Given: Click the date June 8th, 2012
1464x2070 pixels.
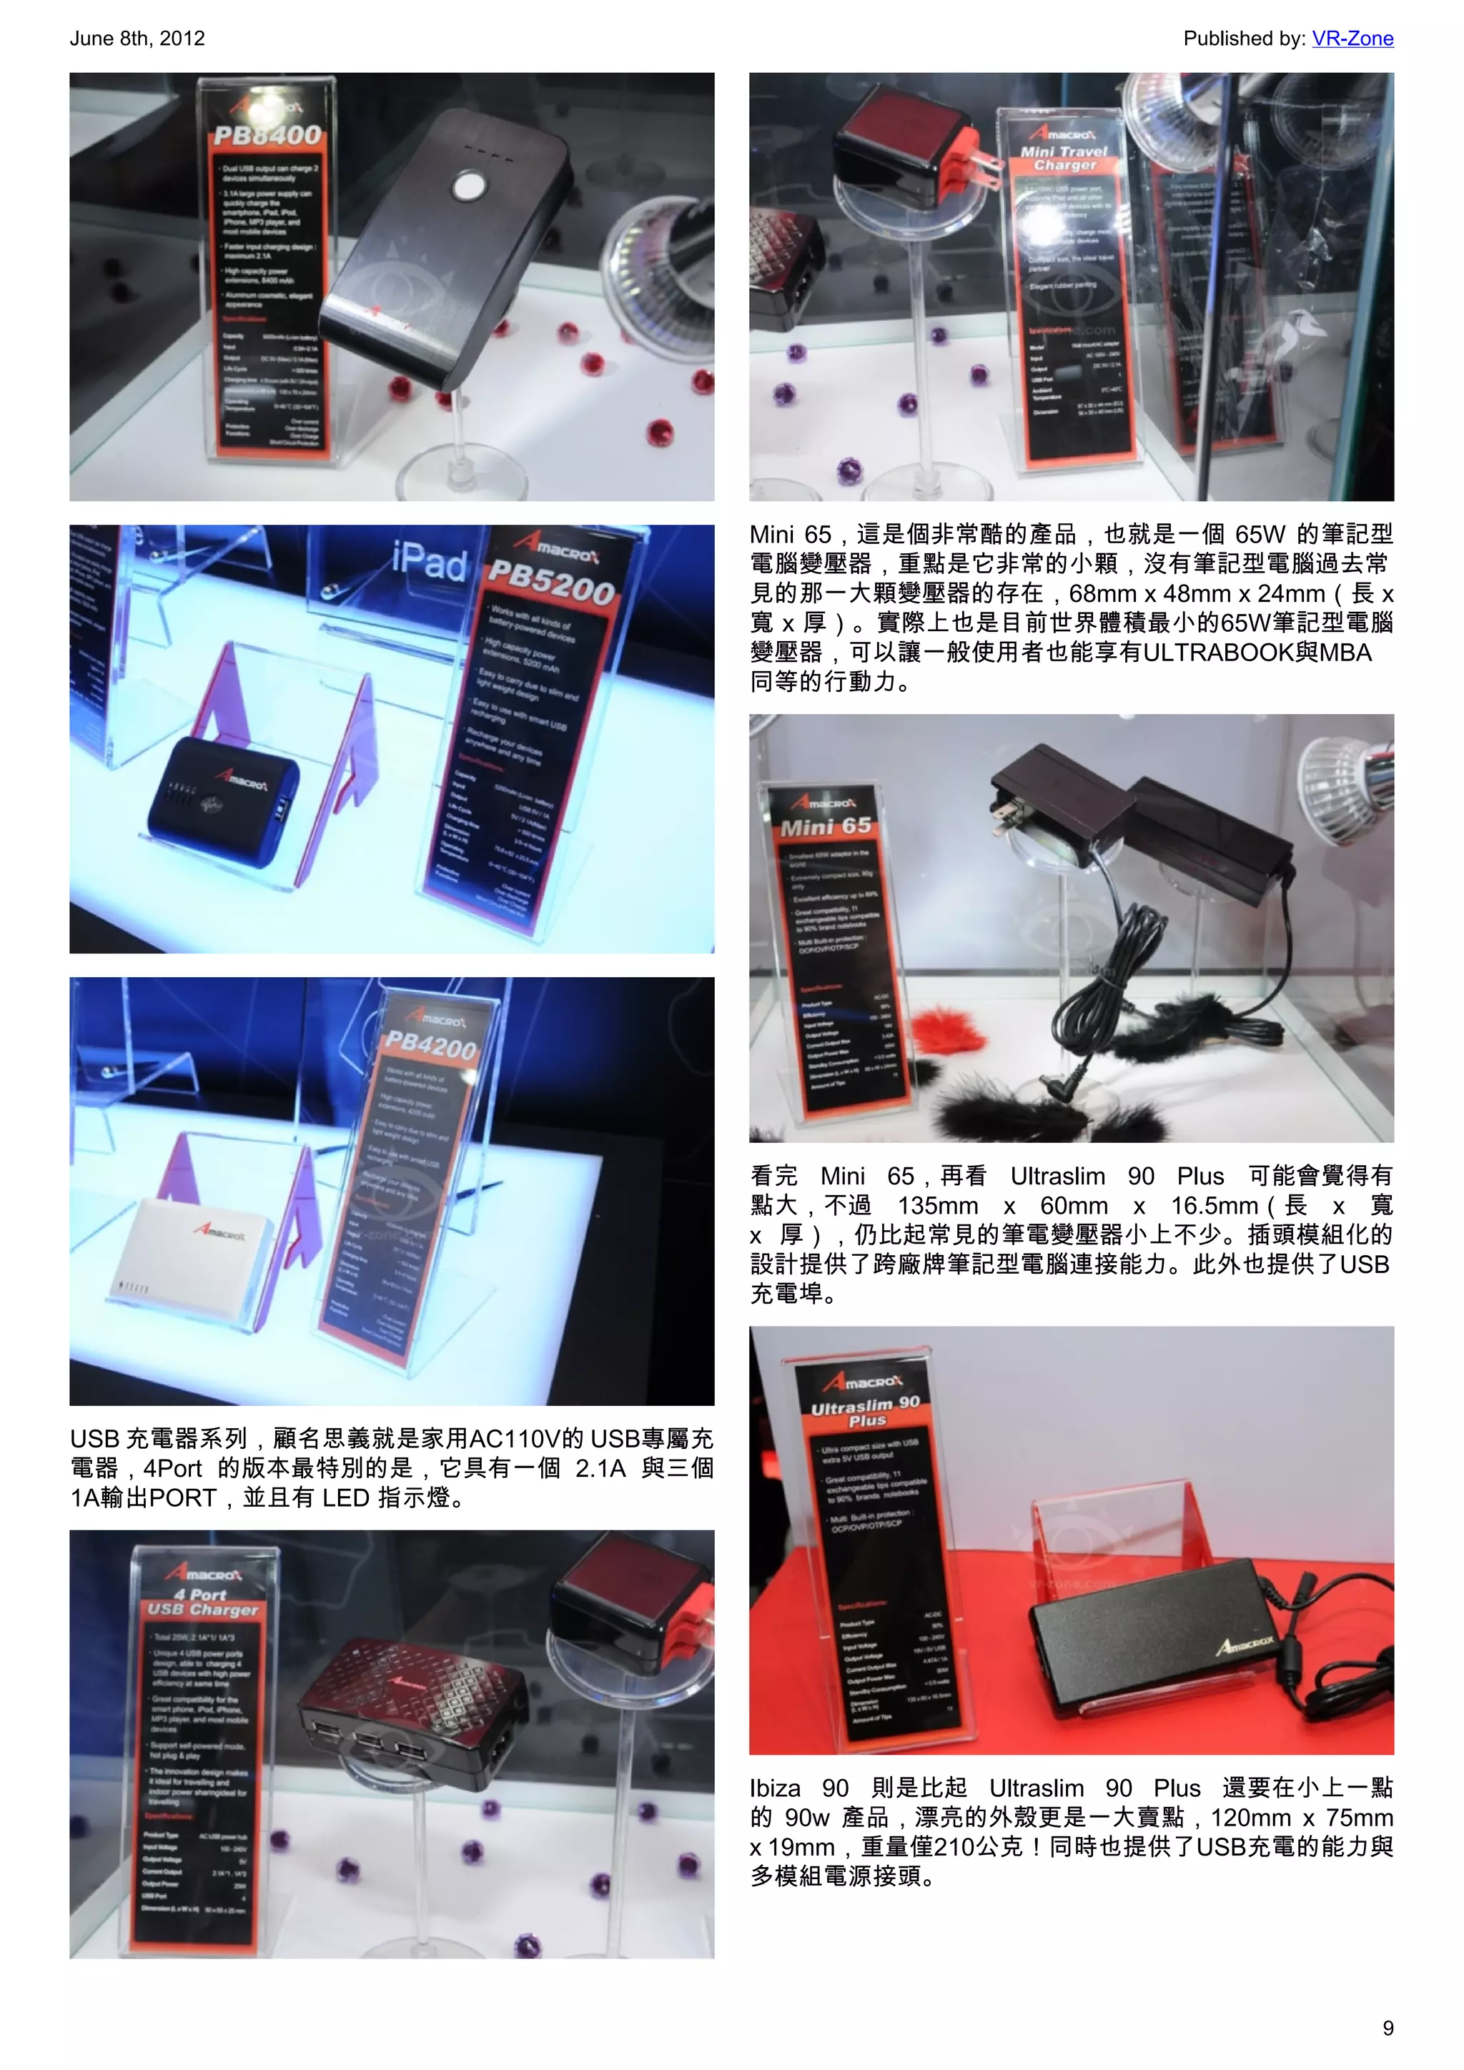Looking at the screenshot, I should coord(137,39).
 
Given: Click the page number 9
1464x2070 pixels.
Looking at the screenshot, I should coord(1388,2028).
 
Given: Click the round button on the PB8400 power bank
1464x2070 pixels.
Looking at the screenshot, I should coord(469,187).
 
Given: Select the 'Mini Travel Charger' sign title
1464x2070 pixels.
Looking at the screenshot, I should coord(1064,158).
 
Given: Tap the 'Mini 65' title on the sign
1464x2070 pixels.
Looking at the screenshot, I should coord(826,826).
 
